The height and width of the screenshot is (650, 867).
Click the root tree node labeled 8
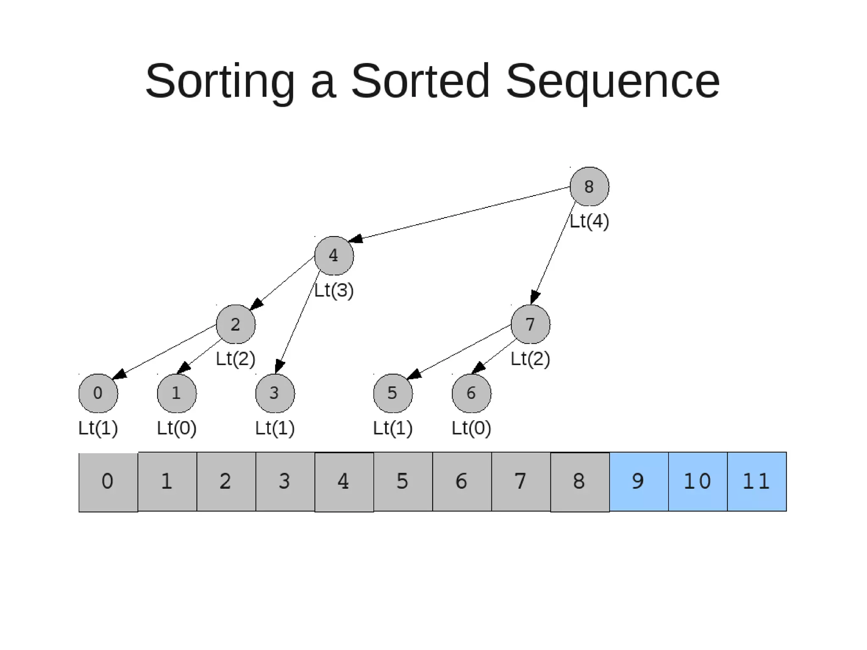pyautogui.click(x=589, y=187)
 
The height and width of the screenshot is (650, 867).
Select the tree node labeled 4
pyautogui.click(x=334, y=256)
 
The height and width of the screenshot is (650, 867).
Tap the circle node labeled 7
pyautogui.click(x=530, y=324)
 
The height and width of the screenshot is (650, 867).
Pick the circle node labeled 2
pyautogui.click(x=236, y=324)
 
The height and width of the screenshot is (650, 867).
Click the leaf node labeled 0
pyautogui.click(x=98, y=393)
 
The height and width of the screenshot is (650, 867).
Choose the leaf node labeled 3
pyautogui.click(x=275, y=393)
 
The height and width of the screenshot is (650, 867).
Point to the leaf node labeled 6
pyautogui.click(x=472, y=393)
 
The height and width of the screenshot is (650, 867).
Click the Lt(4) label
pyautogui.click(x=589, y=221)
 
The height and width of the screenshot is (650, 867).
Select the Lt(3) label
pyautogui.click(x=334, y=290)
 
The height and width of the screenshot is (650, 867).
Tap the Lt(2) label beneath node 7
pyautogui.click(x=530, y=359)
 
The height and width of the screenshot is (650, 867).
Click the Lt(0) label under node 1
pyautogui.click(x=177, y=428)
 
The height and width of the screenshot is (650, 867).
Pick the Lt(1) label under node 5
pyautogui.click(x=393, y=428)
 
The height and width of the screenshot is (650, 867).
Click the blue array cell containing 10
pyautogui.click(x=698, y=482)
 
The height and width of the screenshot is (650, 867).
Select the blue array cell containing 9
pyautogui.click(x=639, y=482)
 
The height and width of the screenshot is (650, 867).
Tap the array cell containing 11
pyautogui.click(x=757, y=482)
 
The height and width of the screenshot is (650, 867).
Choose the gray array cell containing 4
pyautogui.click(x=344, y=482)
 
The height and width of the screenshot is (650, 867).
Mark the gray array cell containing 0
pyautogui.click(x=108, y=482)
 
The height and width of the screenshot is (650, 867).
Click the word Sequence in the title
pyautogui.click(x=613, y=81)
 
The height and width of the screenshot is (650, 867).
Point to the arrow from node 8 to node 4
pyautogui.click(x=461, y=214)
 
